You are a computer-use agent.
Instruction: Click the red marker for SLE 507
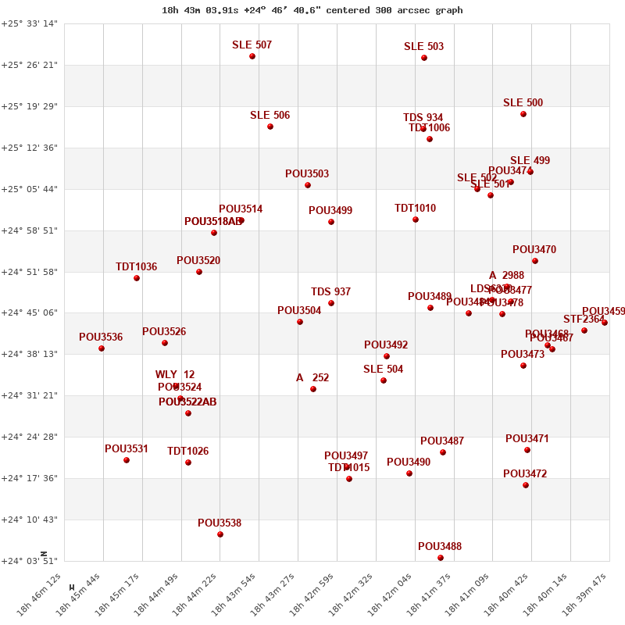[x=252, y=56]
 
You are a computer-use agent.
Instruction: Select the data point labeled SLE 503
[x=424, y=58]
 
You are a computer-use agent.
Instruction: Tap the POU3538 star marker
[x=220, y=534]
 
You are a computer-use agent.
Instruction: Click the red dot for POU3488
[x=441, y=558]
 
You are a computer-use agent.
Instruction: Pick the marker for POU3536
[x=102, y=348]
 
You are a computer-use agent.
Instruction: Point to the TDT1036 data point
[x=137, y=278]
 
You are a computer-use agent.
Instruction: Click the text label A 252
[x=312, y=377]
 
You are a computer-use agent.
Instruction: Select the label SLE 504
[x=383, y=369]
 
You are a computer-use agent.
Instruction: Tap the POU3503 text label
[x=307, y=173]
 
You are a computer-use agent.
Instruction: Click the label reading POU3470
[x=534, y=249]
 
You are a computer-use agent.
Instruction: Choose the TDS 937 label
[x=330, y=291]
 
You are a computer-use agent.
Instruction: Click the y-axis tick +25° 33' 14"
[x=29, y=23]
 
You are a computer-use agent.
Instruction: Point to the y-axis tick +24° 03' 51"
[x=29, y=561]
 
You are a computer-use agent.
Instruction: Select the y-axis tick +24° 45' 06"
[x=29, y=312]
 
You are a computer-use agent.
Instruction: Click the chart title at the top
[x=312, y=10]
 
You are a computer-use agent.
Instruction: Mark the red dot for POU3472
[x=526, y=485]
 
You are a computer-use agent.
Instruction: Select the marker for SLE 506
[x=270, y=127]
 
